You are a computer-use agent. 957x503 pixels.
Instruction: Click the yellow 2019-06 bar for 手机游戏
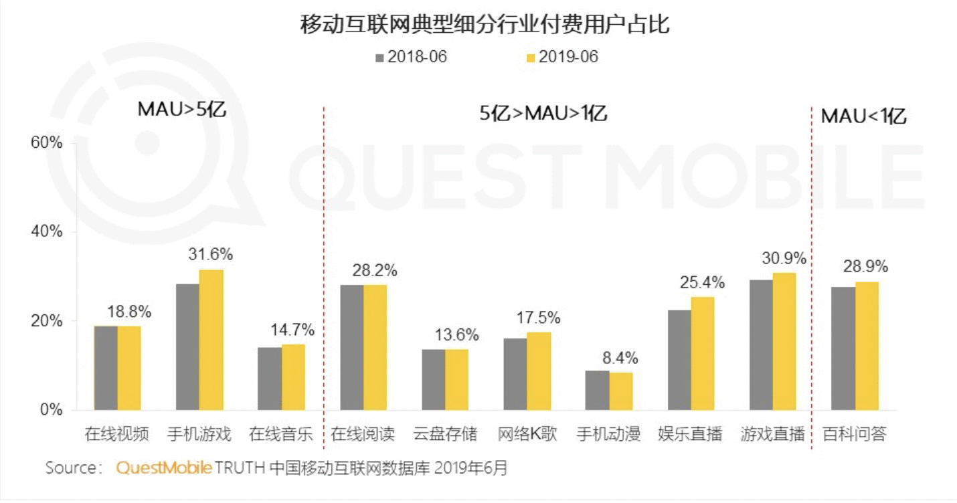tap(211, 340)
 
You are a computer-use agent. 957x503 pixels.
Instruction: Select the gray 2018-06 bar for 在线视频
tap(106, 368)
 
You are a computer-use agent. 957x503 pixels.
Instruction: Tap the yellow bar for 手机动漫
tap(621, 391)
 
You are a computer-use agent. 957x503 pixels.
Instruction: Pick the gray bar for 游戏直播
tap(762, 345)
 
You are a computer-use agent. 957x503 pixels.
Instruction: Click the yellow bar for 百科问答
tap(867, 346)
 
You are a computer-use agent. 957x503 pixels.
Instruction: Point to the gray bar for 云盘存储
tap(434, 380)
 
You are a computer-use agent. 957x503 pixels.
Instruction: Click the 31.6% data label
tap(211, 254)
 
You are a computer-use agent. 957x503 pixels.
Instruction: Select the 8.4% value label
tap(620, 358)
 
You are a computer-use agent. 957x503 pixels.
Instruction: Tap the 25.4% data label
tap(703, 282)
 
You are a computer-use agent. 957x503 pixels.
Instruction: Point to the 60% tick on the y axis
tap(47, 142)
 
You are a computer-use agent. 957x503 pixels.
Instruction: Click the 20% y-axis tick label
tap(47, 320)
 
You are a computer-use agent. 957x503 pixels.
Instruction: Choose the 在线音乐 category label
tap(281, 434)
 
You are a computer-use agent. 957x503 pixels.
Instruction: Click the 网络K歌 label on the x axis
tap(527, 434)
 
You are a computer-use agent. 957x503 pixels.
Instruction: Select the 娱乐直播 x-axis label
tap(690, 434)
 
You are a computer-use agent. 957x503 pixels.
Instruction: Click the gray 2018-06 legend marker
tap(379, 58)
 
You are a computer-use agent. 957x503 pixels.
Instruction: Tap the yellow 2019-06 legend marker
tap(531, 58)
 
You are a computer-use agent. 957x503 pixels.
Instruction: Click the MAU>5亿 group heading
tap(182, 109)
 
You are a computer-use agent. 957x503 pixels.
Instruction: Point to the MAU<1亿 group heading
tap(863, 116)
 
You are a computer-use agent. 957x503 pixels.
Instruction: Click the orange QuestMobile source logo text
tap(164, 468)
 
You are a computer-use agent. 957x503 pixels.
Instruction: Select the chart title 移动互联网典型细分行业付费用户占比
tap(485, 24)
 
